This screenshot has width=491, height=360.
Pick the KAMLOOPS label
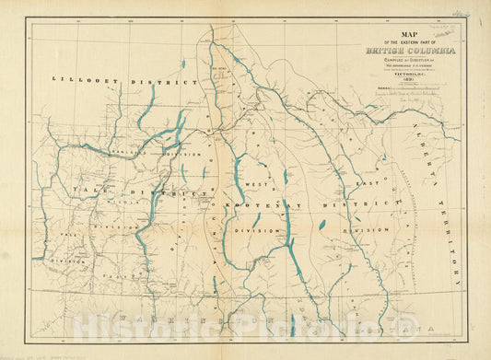click(127, 153)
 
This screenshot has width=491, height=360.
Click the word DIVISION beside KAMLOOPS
click(184, 153)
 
